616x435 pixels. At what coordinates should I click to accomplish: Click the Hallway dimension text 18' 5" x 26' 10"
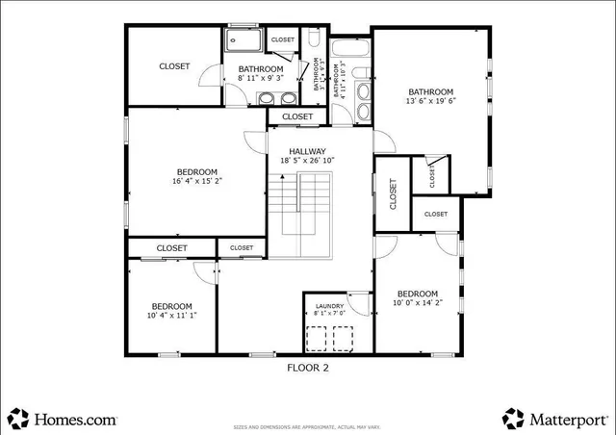(x=303, y=161)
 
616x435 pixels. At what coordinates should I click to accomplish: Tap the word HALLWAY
(x=303, y=150)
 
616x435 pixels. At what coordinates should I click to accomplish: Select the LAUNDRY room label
(x=328, y=306)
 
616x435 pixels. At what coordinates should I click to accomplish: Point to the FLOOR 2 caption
(x=308, y=367)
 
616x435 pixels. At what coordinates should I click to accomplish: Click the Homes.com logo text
(x=75, y=420)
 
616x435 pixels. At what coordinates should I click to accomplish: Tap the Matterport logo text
(x=568, y=420)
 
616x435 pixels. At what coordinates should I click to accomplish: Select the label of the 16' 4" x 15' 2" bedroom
(x=197, y=170)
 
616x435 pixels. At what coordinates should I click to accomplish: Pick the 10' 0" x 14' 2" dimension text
(x=418, y=304)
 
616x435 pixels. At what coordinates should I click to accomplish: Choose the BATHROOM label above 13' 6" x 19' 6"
(x=429, y=92)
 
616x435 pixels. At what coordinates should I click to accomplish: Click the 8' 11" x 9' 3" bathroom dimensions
(x=261, y=80)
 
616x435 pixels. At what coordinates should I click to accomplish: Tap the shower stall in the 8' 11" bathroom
(x=242, y=40)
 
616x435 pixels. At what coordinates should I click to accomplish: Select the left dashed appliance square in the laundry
(x=316, y=339)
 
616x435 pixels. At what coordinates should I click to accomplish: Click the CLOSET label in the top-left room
(x=174, y=65)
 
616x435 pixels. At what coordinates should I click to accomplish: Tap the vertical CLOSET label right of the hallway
(x=393, y=195)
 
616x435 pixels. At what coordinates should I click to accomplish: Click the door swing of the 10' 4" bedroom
(x=205, y=270)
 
